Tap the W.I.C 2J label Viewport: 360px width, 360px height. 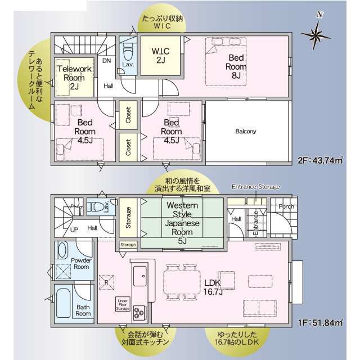pyautogui.click(x=160, y=56)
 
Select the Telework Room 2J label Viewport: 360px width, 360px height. pyautogui.click(x=74, y=78)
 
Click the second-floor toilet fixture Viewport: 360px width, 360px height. pyautogui.click(x=128, y=53)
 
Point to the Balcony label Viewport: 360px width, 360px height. pyautogui.click(x=245, y=131)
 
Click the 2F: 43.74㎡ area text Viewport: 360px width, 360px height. pyautogui.click(x=320, y=160)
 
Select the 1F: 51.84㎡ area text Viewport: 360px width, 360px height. pyautogui.click(x=320, y=322)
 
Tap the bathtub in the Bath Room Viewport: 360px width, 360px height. pyautogui.click(x=63, y=303)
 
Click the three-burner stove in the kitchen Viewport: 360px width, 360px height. pyautogui.click(x=139, y=313)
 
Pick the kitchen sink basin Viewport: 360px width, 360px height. pyautogui.click(x=140, y=276)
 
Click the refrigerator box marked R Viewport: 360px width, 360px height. pyautogui.click(x=106, y=282)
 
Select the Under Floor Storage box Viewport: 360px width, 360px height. pyautogui.click(x=123, y=304)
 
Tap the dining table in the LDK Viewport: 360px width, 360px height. pyautogui.click(x=182, y=282)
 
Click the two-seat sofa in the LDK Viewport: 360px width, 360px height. pyautogui.click(x=260, y=308)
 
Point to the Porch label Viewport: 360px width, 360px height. pyautogui.click(x=286, y=206)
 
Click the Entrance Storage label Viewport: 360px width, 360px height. pyautogui.click(x=256, y=187)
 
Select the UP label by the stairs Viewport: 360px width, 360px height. pyautogui.click(x=74, y=229)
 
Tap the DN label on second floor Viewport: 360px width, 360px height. pyautogui.click(x=106, y=61)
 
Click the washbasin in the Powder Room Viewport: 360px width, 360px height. pyautogui.click(x=62, y=250)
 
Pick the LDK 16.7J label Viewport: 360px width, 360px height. pyautogui.click(x=213, y=287)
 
